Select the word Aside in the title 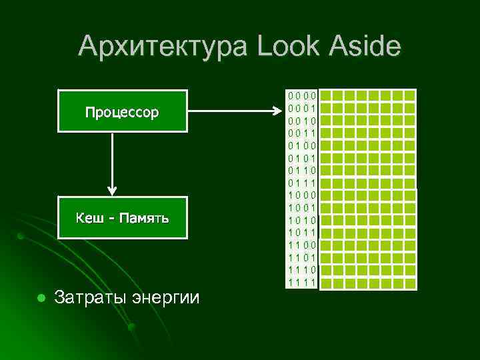click(x=360, y=47)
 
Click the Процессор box click(x=122, y=111)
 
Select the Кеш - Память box click(x=122, y=218)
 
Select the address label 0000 click(x=302, y=95)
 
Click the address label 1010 click(x=302, y=220)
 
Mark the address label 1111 click(x=302, y=283)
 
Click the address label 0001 click(x=302, y=108)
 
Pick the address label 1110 click(x=302, y=270)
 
